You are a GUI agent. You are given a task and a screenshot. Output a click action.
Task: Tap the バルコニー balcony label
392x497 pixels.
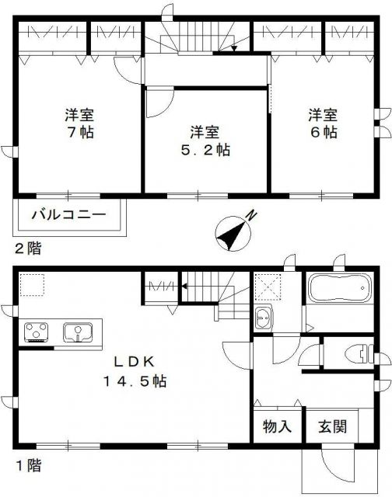coord(68,215)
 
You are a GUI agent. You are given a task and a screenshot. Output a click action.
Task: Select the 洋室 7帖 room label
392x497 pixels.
coord(79,124)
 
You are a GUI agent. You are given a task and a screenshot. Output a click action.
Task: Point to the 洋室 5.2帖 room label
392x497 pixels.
coord(205,139)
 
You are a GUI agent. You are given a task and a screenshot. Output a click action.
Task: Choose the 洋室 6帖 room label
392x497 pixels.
coord(322,124)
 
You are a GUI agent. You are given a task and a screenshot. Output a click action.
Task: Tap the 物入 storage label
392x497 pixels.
coord(276,426)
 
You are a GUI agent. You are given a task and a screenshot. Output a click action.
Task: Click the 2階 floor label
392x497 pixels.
coord(26,249)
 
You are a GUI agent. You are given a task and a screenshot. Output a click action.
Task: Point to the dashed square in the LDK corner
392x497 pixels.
coord(32,286)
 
